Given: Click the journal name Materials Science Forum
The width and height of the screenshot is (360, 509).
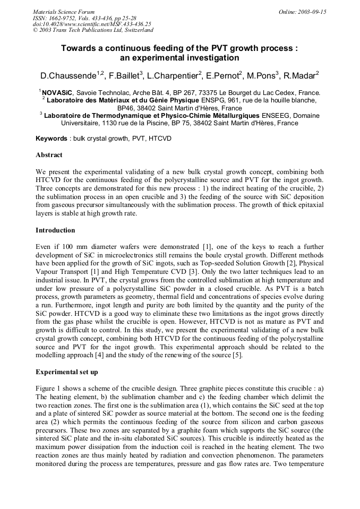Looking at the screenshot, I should [x=64, y=12].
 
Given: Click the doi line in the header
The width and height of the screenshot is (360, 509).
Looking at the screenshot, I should [x=92, y=24].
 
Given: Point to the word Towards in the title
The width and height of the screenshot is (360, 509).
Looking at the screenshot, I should [x=79, y=48].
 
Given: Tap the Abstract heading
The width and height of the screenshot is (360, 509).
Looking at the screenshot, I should [x=49, y=155].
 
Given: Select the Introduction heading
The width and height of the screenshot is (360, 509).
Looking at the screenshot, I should [x=55, y=230].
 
